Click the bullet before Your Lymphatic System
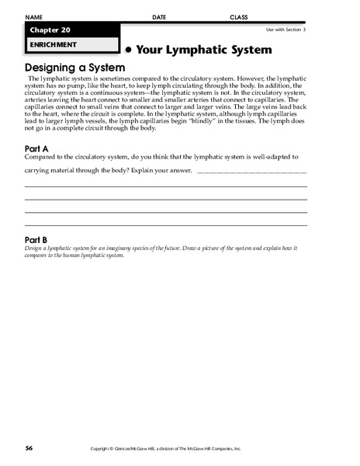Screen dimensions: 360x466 128,50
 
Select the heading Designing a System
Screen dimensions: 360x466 74,68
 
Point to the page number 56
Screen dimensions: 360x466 28,448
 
